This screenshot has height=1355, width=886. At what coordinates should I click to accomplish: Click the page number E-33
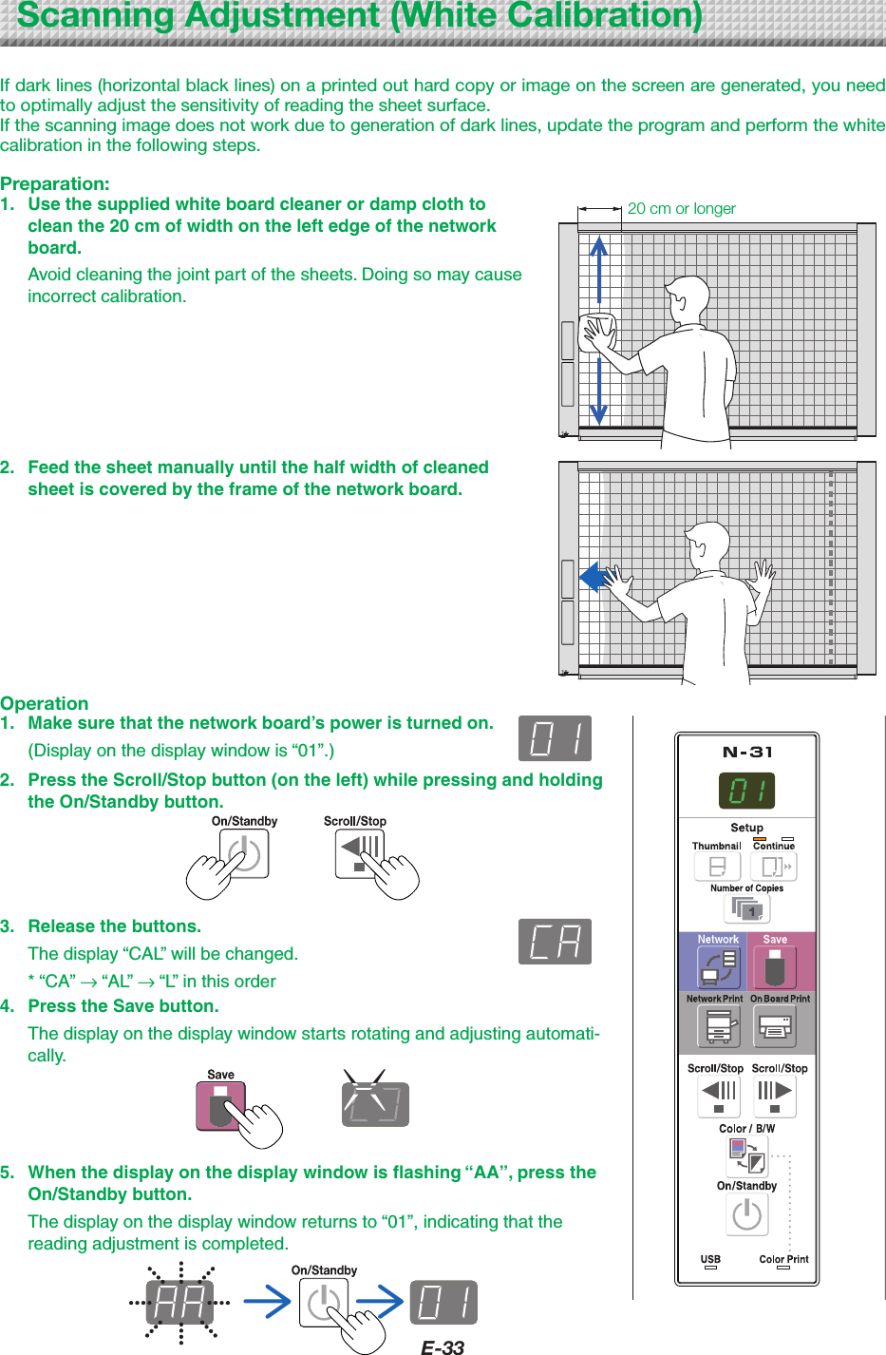[443, 1346]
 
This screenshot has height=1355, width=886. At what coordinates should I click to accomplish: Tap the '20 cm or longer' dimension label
[681, 208]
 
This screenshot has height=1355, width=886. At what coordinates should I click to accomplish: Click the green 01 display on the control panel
[746, 791]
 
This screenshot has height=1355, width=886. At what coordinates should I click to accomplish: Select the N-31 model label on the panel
[747, 753]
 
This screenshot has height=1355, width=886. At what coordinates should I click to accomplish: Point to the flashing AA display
[179, 1303]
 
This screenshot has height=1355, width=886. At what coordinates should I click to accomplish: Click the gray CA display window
[555, 942]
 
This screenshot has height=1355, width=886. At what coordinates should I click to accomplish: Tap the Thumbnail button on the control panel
[717, 867]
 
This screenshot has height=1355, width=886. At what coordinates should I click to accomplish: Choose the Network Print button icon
[719, 1026]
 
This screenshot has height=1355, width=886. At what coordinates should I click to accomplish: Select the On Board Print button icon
[776, 1026]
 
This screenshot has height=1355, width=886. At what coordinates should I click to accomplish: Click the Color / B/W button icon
[746, 1155]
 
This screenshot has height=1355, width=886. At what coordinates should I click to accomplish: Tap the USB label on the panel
[710, 1259]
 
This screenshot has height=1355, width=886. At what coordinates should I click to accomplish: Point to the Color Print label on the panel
[783, 1259]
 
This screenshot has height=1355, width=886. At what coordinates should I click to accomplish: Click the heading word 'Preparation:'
[55, 183]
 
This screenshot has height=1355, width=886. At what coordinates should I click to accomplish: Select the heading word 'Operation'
[45, 703]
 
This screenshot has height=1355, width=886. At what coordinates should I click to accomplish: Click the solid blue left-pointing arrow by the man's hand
[594, 576]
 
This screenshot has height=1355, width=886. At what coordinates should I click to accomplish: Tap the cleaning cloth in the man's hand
[598, 332]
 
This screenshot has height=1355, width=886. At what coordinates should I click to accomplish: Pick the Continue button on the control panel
[773, 867]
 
